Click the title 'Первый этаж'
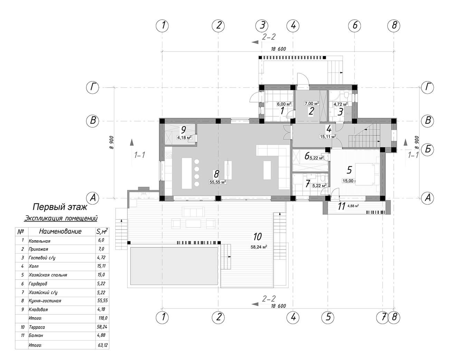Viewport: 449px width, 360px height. click(60, 207)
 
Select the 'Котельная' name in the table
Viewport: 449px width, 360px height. click(39, 241)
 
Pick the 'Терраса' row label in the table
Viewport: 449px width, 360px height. click(37, 327)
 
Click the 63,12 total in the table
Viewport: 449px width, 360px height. click(103, 345)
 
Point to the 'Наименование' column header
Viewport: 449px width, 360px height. click(60, 231)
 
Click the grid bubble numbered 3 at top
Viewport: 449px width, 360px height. click(262, 26)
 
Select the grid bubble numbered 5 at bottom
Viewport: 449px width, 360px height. click(328, 317)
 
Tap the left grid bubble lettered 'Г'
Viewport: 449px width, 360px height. click(93, 88)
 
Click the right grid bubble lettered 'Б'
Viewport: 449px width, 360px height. click(428, 149)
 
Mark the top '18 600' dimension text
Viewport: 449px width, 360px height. click(278, 49)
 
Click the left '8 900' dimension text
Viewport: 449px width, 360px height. click(112, 143)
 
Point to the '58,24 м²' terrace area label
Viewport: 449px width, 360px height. click(259, 247)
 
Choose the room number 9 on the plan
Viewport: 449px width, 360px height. click(183, 130)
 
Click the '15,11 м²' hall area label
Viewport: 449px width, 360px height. click(328, 137)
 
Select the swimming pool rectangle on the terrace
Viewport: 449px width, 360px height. click(174, 266)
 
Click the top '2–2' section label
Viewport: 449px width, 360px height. click(269, 37)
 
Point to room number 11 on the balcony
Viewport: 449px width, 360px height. click(342, 206)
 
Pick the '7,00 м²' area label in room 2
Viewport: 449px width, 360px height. click(312, 104)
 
